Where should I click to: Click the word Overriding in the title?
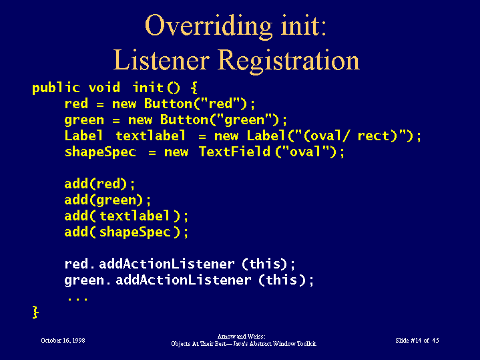[x=208, y=27]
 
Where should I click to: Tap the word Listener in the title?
[x=162, y=60]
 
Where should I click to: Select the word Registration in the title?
[x=289, y=61]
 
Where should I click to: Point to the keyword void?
[x=104, y=88]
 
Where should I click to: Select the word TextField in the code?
[x=234, y=152]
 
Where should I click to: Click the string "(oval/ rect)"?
[x=349, y=136]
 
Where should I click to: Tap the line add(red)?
[x=99, y=184]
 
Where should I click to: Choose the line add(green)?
[x=107, y=200]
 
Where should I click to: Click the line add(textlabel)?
[x=126, y=216]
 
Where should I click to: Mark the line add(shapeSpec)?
[x=126, y=232]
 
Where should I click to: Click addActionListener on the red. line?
[x=167, y=264]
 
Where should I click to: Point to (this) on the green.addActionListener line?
[x=282, y=280]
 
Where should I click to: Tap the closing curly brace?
[x=35, y=312]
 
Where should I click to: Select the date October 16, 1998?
[x=63, y=341]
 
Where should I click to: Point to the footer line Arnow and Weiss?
[x=242, y=337]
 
